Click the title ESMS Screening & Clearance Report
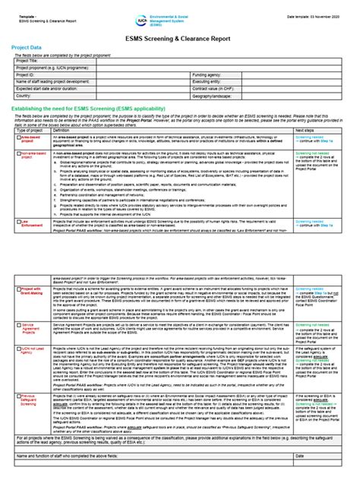[180, 33]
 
